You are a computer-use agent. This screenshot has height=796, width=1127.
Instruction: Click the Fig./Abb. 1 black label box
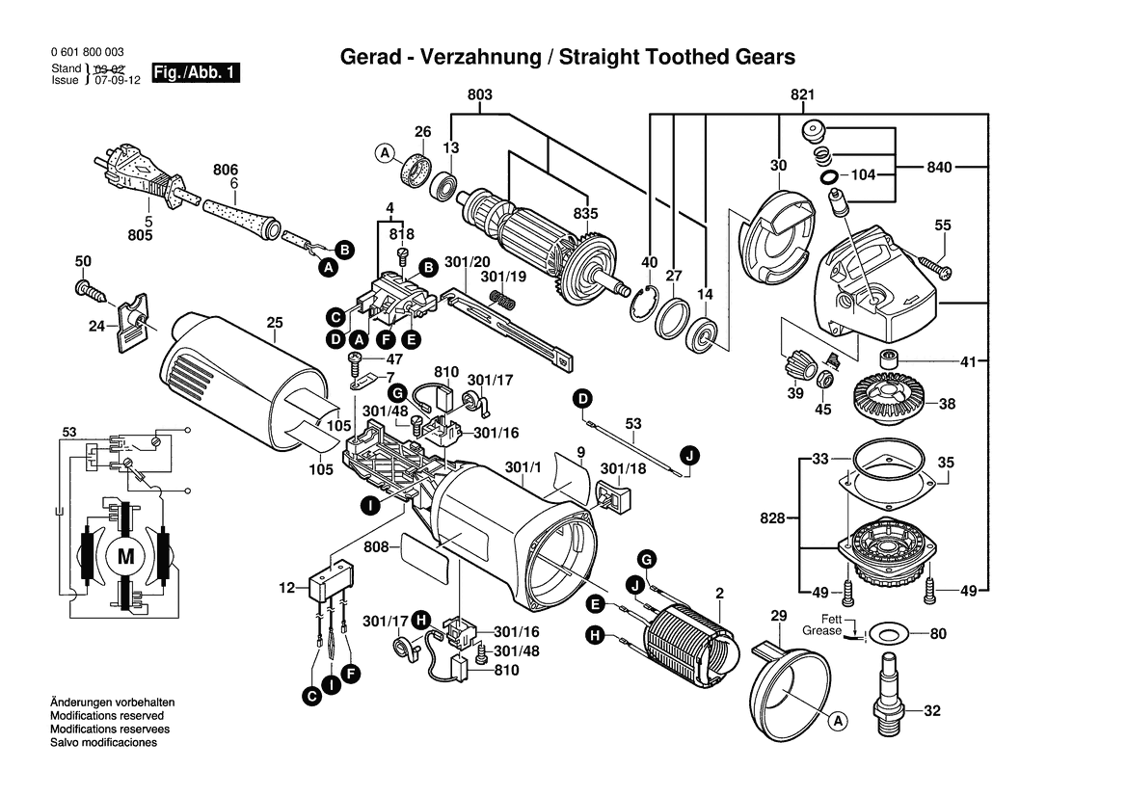195,73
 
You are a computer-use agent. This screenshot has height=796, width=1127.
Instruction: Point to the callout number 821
803,94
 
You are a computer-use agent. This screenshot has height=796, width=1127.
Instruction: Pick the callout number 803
479,94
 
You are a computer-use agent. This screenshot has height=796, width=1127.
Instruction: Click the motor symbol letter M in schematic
126,556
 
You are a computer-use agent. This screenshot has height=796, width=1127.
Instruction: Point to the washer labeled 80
885,635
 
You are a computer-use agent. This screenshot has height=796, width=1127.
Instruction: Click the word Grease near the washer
821,631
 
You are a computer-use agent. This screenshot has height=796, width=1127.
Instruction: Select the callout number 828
772,518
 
